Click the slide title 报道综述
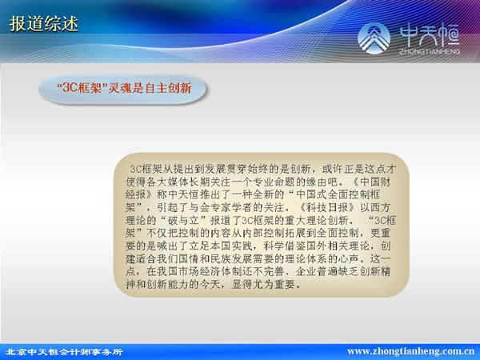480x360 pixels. tap(43, 24)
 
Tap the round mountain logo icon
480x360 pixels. tap(374, 38)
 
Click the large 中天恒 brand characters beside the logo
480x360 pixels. tap(430, 35)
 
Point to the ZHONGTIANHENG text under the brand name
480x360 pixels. tap(430, 51)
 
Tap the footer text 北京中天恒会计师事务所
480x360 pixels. tap(64, 352)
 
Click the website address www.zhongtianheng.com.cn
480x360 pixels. tap(411, 351)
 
